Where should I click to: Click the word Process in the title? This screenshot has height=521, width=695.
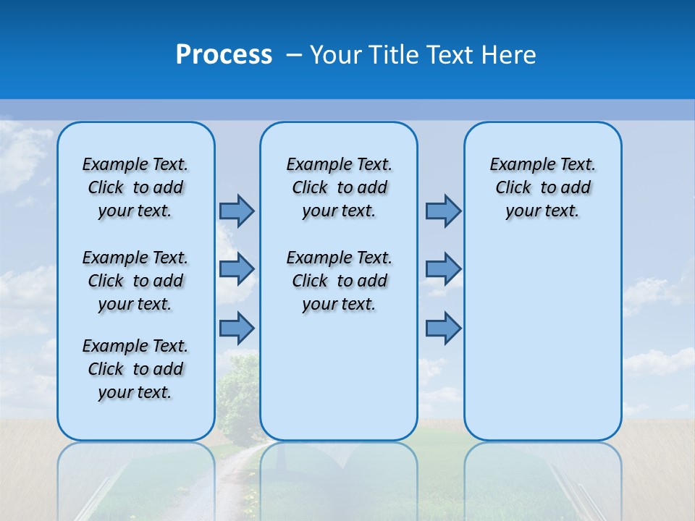click(x=223, y=54)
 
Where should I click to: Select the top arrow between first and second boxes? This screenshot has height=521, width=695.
click(x=237, y=211)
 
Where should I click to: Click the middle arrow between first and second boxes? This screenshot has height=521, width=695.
click(x=237, y=269)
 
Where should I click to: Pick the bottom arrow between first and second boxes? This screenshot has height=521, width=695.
click(x=237, y=328)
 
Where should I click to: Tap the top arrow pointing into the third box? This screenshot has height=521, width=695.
click(x=443, y=211)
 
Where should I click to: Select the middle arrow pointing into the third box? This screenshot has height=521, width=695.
click(x=443, y=269)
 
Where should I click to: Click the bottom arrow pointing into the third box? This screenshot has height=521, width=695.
click(x=443, y=328)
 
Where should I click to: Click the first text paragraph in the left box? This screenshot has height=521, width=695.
click(x=135, y=187)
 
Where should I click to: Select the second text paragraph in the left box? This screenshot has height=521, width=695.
click(x=135, y=281)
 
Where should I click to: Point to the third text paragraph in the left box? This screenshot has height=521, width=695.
click(x=135, y=369)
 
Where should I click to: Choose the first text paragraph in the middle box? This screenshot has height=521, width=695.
click(x=339, y=187)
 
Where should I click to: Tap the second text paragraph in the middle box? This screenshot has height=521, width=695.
click(x=339, y=281)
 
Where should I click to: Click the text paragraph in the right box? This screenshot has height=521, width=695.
click(x=542, y=187)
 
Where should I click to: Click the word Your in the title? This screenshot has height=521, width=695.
click(x=336, y=54)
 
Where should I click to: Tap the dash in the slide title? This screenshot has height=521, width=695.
click(x=294, y=54)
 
